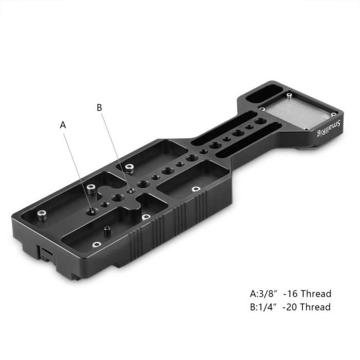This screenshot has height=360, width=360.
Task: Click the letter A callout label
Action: [x=63, y=124]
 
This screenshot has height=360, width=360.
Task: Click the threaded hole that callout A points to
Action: [x=92, y=211]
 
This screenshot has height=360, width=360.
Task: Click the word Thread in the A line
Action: [x=315, y=294]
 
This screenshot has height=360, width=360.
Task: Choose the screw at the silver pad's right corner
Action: [x=334, y=113]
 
